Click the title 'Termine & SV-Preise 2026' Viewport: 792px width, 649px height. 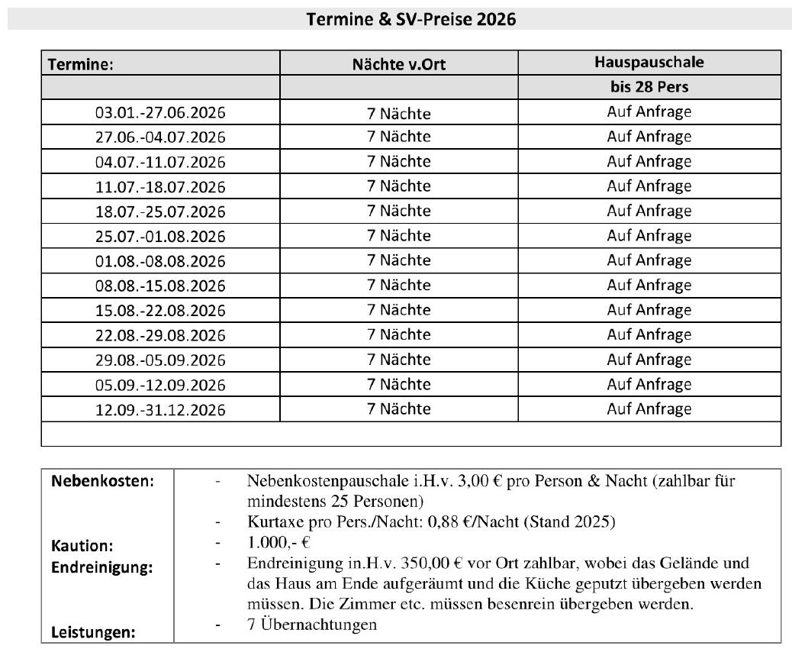tap(410, 19)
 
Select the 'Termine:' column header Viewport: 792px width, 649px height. tap(81, 64)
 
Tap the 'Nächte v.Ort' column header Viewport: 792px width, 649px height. tap(398, 64)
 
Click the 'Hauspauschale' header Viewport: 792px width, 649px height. tap(649, 63)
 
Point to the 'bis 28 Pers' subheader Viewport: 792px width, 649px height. tap(649, 87)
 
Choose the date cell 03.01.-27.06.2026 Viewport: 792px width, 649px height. tap(160, 114)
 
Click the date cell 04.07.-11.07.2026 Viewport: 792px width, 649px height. tap(160, 163)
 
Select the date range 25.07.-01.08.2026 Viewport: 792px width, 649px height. tap(160, 236)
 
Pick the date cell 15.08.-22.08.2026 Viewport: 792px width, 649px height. tap(160, 311)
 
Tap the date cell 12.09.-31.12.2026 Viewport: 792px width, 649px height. tap(160, 409)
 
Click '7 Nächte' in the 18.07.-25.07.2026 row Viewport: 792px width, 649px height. tap(398, 211)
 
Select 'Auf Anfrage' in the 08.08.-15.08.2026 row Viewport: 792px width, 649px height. tap(649, 285)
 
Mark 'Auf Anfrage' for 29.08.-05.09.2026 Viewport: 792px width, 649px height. tap(649, 359)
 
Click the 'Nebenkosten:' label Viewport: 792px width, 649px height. tap(102, 482)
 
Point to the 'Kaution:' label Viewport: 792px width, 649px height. tap(82, 546)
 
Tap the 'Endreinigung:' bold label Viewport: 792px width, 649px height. tap(101, 567)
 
